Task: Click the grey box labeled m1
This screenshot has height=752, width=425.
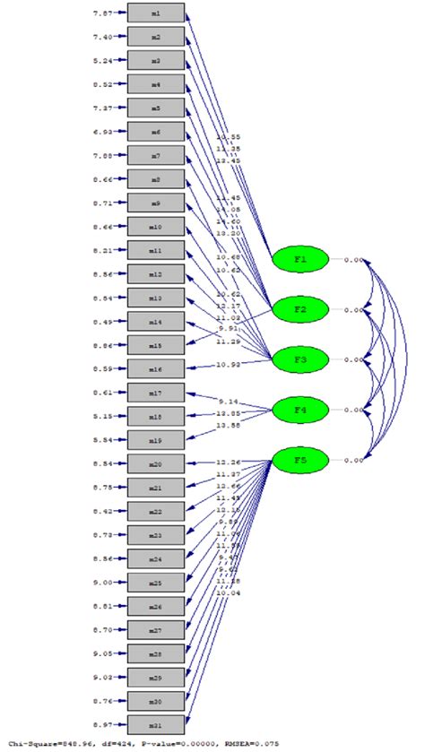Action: (x=156, y=13)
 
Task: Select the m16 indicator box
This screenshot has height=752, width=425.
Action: (x=156, y=367)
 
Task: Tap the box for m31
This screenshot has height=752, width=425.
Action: (x=156, y=723)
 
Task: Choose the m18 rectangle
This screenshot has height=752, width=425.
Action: (x=156, y=416)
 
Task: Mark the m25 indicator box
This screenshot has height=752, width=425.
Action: (x=156, y=582)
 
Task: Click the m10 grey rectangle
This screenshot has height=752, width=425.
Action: (x=156, y=227)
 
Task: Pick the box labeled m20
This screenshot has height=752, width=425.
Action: (x=156, y=463)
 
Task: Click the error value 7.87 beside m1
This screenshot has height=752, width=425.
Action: (x=104, y=13)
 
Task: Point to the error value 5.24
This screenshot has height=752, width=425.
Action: (x=104, y=61)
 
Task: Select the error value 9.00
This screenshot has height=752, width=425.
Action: (x=104, y=582)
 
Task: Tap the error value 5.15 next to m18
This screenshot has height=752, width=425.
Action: (x=104, y=416)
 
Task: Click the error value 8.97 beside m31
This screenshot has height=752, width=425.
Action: (x=104, y=723)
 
